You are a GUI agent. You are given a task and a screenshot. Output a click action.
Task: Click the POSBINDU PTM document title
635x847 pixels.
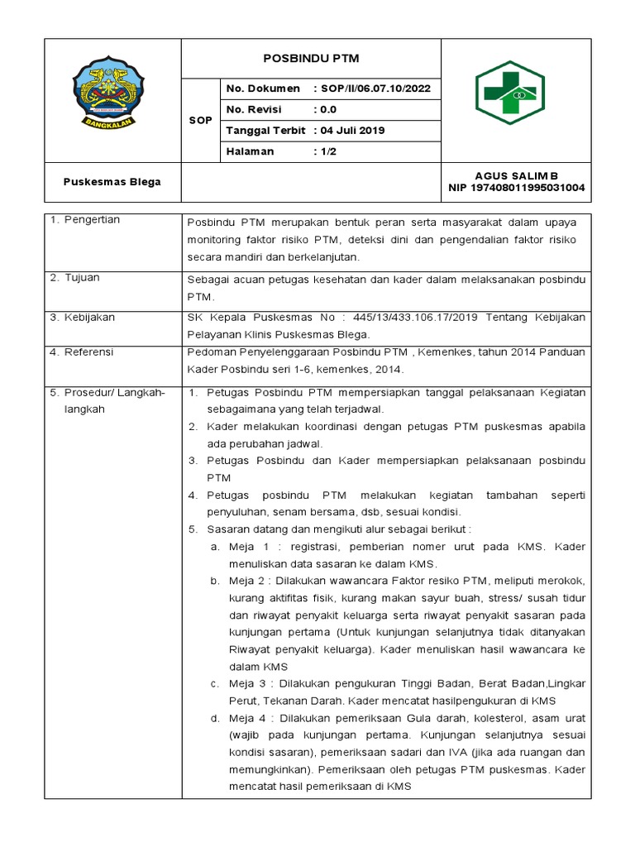coord(311,59)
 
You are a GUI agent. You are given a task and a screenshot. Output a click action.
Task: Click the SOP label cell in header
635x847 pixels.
coord(199,121)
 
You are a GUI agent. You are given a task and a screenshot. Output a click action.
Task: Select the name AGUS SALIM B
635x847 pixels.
coord(516,176)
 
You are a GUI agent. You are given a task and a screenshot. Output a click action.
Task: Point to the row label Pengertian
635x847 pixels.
coord(93,220)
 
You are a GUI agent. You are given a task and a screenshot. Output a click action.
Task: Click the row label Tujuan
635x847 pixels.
coord(82,278)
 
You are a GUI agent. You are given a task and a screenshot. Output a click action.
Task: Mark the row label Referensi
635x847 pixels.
coord(90,352)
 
